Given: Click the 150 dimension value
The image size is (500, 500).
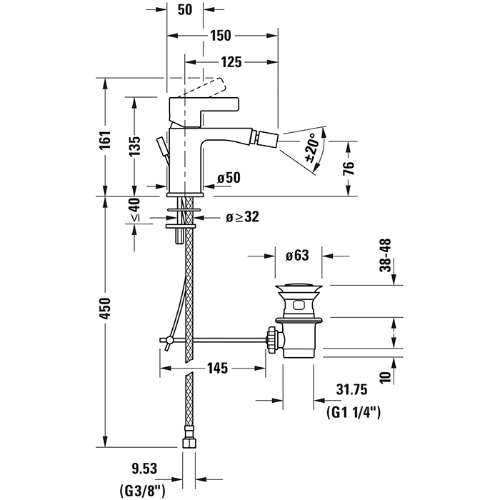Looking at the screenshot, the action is pos(220,36).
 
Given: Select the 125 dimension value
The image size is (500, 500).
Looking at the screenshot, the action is pos(231,62).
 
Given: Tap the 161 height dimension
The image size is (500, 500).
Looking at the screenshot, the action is pos(105,140).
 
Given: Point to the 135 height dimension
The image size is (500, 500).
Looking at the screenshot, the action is pos(134,146).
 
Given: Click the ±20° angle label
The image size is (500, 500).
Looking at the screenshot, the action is pos(313,148).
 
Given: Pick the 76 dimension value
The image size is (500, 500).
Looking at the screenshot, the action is pos(349,168).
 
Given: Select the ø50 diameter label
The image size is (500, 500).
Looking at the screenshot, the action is pos(229,178).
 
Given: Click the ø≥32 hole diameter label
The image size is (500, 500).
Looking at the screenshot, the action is pos(242,217).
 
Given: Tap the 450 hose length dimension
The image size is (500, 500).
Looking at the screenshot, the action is pos(105,308).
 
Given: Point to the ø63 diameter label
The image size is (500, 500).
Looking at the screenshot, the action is pos(297,256).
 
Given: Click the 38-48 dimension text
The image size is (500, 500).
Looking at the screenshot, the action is pos(385,255).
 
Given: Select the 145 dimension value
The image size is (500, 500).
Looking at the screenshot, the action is pos(218,369).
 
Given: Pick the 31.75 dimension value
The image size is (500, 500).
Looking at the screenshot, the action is pos(351,389).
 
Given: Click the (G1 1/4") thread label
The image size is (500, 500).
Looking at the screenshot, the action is pos(354,414).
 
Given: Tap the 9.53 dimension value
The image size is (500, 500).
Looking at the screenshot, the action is pos(144,469).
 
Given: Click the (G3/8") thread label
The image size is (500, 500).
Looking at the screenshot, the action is pos(143,491).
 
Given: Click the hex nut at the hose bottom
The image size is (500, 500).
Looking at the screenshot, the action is pos(189,443).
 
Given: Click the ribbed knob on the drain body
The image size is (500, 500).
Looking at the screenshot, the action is pos(271,340).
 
